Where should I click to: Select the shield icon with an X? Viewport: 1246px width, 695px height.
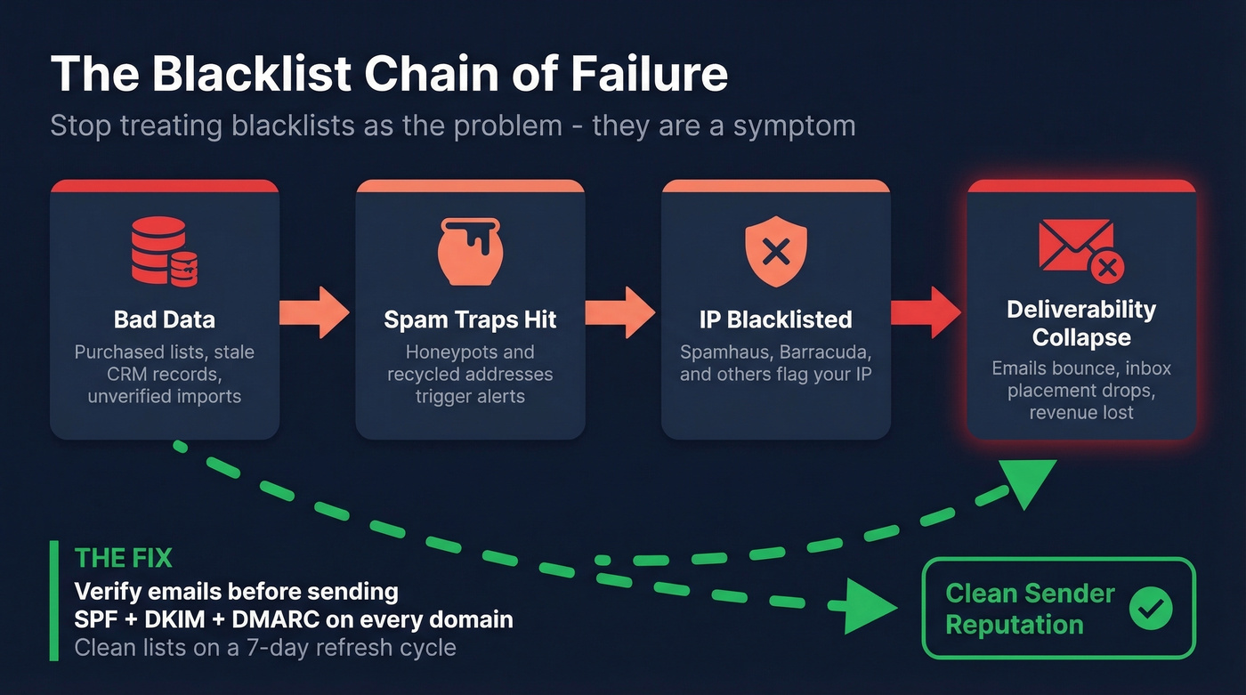click(776, 253)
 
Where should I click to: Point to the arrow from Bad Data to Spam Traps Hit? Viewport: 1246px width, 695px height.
click(316, 312)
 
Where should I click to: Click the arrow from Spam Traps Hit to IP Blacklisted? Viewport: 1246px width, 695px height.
click(623, 312)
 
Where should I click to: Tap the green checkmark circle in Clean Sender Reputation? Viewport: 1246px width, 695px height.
click(1151, 609)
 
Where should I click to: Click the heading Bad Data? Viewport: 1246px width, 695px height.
click(165, 319)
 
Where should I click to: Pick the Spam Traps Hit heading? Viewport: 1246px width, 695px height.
click(470, 319)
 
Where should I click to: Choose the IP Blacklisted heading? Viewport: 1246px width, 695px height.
click(776, 319)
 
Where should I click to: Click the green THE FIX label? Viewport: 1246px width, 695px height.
click(124, 558)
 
